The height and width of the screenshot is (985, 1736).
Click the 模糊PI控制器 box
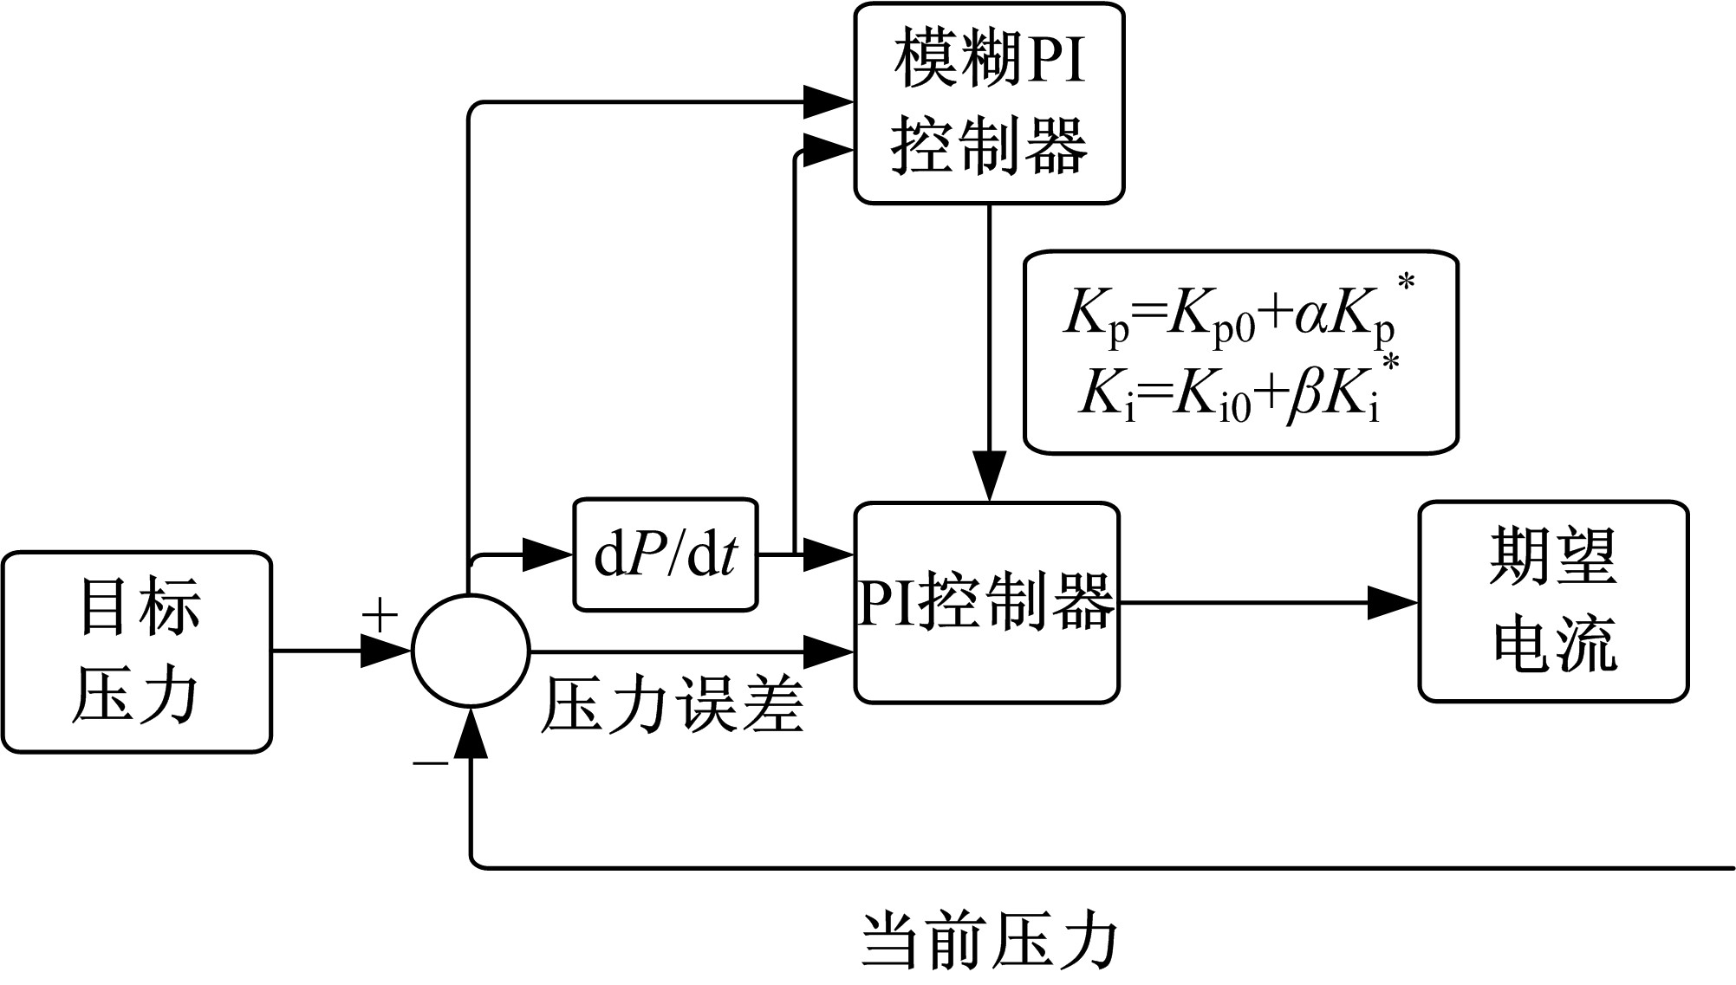pyautogui.click(x=989, y=104)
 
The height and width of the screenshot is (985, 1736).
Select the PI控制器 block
pyautogui.click(x=986, y=603)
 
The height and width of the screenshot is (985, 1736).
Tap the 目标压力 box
pyautogui.click(x=137, y=651)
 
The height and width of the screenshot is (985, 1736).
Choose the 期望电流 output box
pyautogui.click(x=1553, y=601)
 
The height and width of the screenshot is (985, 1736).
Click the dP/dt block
pyautogui.click(x=665, y=554)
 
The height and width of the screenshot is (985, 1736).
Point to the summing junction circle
pyautogui.click(x=471, y=651)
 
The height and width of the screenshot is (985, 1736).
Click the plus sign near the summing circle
pyautogui.click(x=380, y=616)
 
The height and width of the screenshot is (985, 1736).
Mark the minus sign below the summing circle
pyautogui.click(x=430, y=763)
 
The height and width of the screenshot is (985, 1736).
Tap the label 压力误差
pyautogui.click(x=672, y=706)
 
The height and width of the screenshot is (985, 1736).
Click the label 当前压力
pyautogui.click(x=989, y=940)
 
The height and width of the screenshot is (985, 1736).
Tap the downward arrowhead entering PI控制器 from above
pyautogui.click(x=989, y=476)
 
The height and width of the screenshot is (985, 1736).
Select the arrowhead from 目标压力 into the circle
pyautogui.click(x=385, y=651)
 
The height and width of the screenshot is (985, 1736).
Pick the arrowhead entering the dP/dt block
pyautogui.click(x=548, y=554)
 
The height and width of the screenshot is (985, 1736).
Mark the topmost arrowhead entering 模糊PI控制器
pyautogui.click(x=829, y=102)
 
